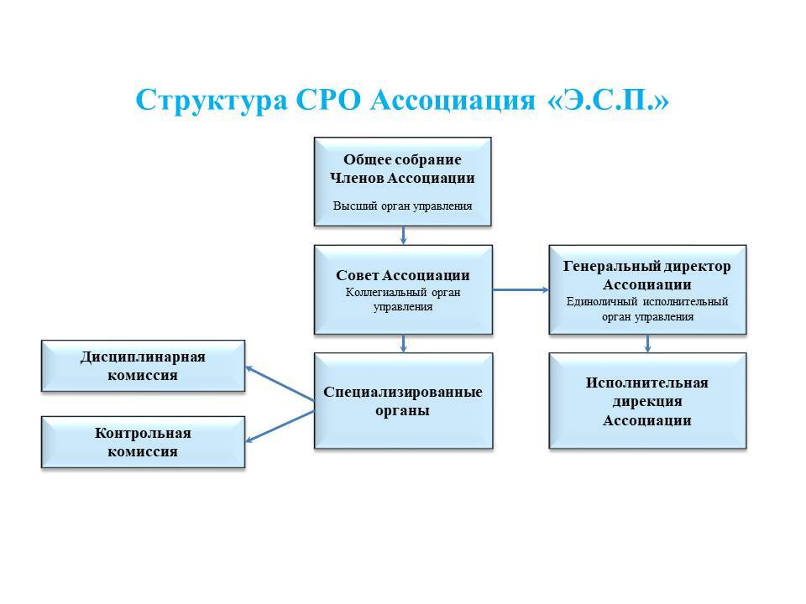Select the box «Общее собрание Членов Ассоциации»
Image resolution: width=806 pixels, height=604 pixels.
[x=402, y=181]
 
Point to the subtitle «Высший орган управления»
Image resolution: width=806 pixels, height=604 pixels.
[x=402, y=206]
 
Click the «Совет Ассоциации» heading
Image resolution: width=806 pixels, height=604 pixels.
[x=402, y=275]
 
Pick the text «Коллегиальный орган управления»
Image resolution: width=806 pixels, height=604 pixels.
[x=402, y=299]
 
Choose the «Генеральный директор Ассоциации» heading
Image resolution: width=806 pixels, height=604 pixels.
[x=646, y=274]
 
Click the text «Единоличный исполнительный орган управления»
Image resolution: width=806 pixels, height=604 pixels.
[x=646, y=309]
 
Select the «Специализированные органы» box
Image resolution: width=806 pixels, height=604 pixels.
[x=403, y=401]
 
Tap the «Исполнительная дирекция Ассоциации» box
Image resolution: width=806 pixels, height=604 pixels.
[x=646, y=401]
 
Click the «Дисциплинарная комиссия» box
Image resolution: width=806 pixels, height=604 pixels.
[x=143, y=366]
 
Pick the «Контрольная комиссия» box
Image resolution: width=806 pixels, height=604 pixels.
[x=143, y=442]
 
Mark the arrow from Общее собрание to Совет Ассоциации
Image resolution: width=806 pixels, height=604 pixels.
[x=403, y=235]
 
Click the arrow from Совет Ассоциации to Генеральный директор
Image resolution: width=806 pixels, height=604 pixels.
[x=521, y=290]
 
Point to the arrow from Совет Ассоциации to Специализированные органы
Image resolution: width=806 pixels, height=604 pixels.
[x=404, y=343]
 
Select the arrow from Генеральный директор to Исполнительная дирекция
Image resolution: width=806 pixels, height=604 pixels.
[x=647, y=343]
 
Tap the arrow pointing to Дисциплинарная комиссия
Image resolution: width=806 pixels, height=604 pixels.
[x=279, y=388]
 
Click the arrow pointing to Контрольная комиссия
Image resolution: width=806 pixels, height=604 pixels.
[x=279, y=426]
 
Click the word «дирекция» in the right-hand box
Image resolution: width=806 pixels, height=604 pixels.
[x=646, y=402]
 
